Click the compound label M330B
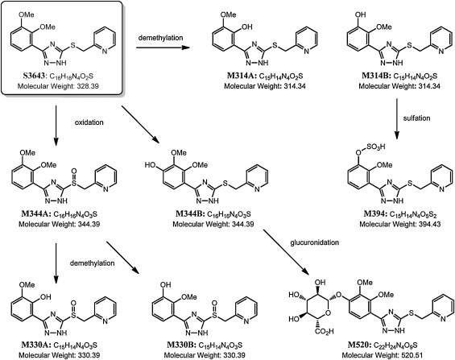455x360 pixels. pos(178,342)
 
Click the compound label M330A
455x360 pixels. pos(29,342)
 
